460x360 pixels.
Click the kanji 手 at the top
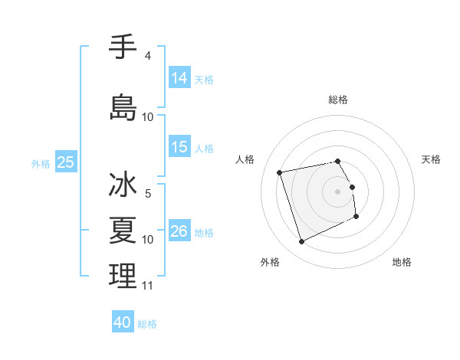123,47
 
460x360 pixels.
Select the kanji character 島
123,106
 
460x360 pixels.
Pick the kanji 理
123,276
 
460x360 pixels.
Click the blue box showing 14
179,77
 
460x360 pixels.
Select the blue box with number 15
179,147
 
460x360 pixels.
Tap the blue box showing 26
179,231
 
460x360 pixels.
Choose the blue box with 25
66,162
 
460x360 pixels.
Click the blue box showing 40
123,322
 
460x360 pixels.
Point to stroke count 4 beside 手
147,57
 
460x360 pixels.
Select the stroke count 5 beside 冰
147,193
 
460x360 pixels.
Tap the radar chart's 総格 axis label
338,100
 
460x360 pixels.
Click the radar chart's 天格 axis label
431,159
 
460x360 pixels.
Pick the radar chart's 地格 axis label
402,262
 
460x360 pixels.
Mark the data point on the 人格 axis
280,172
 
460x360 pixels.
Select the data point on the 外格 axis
301,242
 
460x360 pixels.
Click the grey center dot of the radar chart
338,191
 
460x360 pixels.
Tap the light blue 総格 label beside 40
148,324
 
